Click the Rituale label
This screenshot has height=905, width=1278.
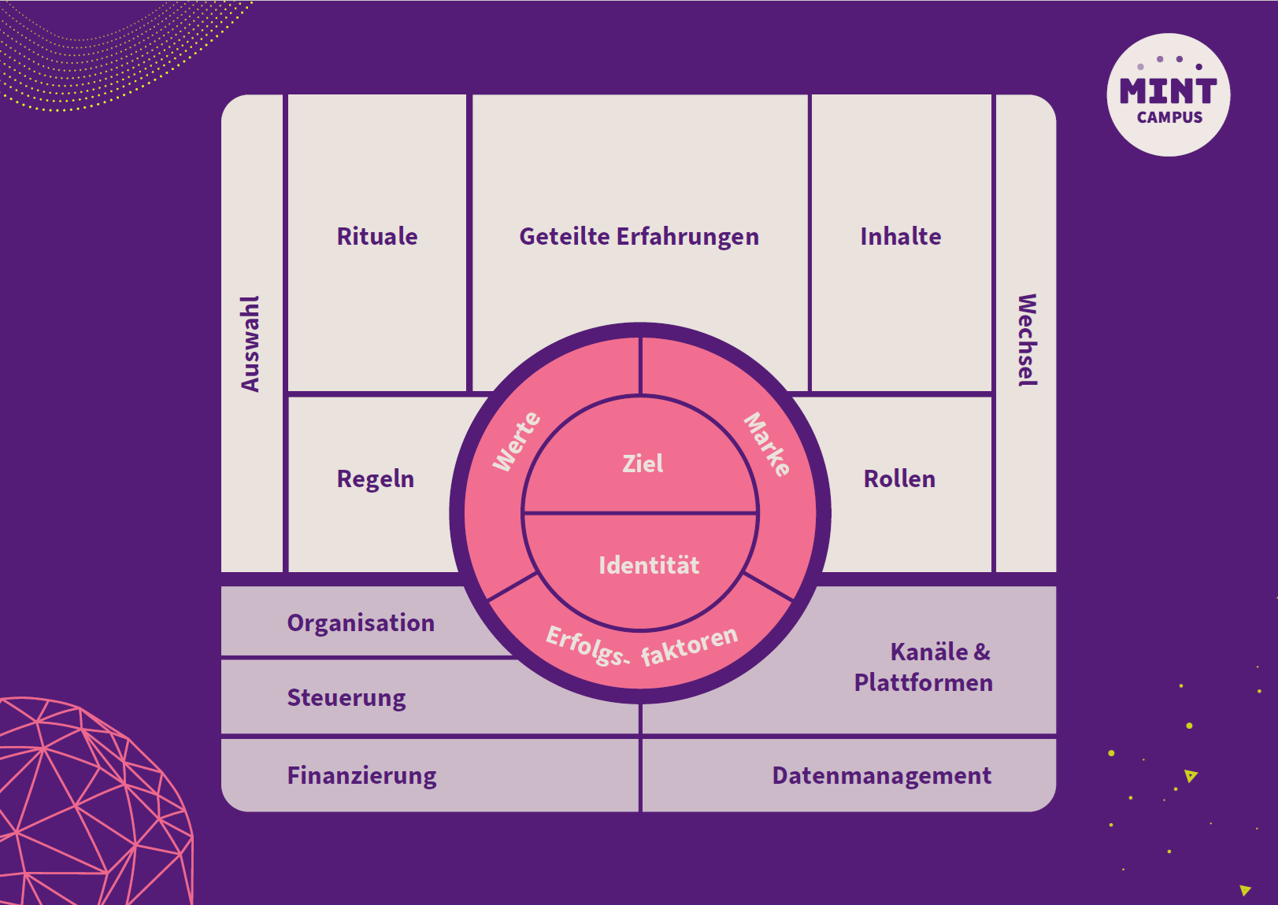pos(377,236)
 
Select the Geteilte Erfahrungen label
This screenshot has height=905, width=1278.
pos(639,237)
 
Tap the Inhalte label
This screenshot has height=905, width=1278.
pos(901,236)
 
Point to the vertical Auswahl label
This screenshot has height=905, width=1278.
pos(250,343)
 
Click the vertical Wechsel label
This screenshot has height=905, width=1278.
pos(1027,341)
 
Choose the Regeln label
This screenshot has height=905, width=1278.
pos(376,479)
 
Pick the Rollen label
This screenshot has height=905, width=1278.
pos(900,479)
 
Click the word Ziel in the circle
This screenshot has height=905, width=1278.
pos(643,464)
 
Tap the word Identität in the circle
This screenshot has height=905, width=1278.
pos(650,565)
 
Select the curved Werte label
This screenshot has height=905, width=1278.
pos(517,441)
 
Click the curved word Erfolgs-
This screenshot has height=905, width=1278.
pos(588,647)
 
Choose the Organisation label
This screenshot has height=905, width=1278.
pos(361,622)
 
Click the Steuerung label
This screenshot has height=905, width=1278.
pos(346,698)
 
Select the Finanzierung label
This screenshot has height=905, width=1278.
pos(361,776)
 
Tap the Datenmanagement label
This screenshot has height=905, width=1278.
pos(882,776)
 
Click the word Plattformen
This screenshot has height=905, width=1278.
pos(924,682)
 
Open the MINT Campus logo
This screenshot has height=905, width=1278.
pos(1169,94)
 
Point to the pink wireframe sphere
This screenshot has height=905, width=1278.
pos(94,800)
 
